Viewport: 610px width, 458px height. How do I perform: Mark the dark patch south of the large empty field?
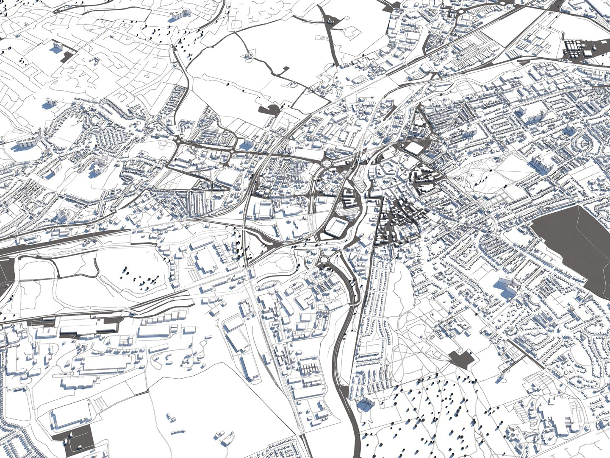point(269,110)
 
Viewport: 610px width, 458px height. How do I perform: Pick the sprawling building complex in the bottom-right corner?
point(551,418)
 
